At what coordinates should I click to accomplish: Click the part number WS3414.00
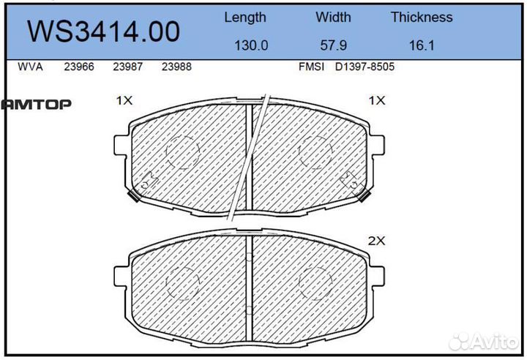click(102, 31)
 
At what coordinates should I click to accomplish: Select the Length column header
click(244, 17)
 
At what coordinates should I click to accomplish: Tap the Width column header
click(333, 17)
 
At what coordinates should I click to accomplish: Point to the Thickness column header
click(421, 17)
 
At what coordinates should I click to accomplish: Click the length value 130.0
click(250, 45)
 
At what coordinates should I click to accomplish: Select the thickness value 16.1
click(422, 45)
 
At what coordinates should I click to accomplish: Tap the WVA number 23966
click(78, 67)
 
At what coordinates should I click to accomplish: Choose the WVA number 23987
click(127, 67)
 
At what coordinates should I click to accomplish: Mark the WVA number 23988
click(176, 67)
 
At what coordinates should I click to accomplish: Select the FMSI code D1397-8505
click(365, 67)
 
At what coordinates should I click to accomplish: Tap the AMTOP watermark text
click(36, 105)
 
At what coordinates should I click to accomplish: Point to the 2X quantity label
click(376, 240)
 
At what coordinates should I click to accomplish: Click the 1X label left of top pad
click(124, 101)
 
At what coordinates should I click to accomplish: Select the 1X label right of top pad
click(376, 101)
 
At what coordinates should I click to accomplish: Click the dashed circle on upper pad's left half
click(182, 152)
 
